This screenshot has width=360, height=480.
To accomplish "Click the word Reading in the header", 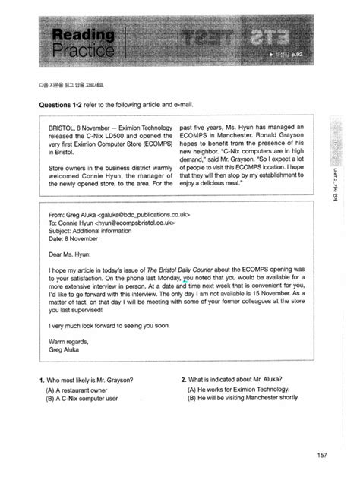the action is [83, 35].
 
